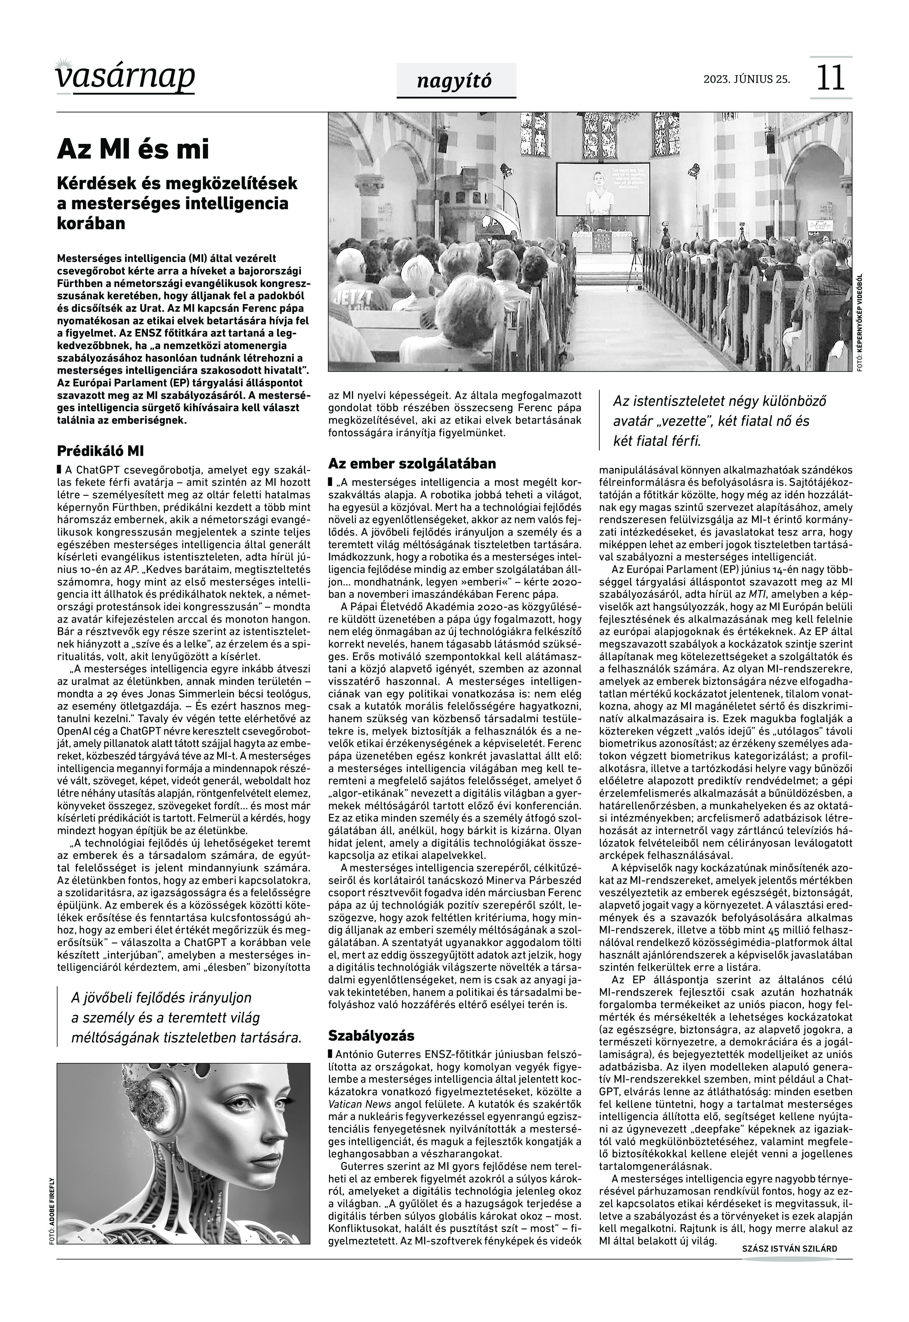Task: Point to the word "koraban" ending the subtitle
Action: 91,223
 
